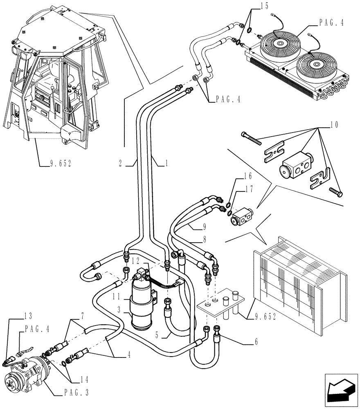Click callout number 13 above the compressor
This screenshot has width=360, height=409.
(x=28, y=316)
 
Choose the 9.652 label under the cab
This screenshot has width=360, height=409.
(x=56, y=163)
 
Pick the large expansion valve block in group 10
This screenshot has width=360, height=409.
(x=295, y=164)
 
